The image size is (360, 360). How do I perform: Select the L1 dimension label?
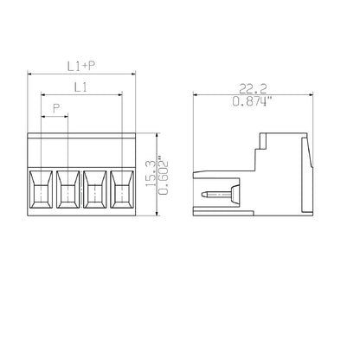[x=80, y=87]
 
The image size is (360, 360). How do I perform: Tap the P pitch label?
[x=56, y=108]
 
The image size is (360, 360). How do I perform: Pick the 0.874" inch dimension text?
[x=252, y=101]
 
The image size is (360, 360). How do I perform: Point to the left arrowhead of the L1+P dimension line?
[x=31, y=74]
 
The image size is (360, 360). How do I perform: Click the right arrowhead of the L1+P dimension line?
[x=133, y=74]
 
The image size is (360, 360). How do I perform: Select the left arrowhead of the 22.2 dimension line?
[x=194, y=94]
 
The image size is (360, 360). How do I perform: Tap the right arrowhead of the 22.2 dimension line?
[x=312, y=94]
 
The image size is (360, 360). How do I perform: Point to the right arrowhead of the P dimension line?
[x=67, y=117]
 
